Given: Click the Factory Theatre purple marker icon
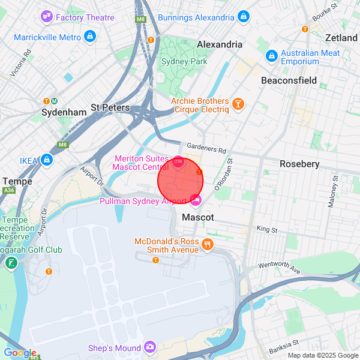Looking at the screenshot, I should pos(47,17).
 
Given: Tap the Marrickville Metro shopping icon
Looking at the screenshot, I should pos(89,37).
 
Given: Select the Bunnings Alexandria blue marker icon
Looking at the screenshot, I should pos(243,17).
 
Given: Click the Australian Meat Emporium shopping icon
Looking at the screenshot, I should pos(271,56).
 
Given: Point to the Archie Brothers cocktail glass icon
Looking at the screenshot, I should pos(239,105).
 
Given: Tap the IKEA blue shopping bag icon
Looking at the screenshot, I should pos(47,160).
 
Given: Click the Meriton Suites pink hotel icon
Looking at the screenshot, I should pos(178,161).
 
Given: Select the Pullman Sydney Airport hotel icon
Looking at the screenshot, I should pos(196,200).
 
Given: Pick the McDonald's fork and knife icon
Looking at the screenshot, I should pos(208,244).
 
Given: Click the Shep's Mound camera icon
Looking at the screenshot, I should pos(149,347).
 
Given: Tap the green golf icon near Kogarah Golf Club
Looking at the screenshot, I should pos(11,263).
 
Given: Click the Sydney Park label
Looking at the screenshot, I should pos(184,61).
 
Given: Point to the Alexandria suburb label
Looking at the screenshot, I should pos(220,44).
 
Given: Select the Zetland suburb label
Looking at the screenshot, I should pos(341,38).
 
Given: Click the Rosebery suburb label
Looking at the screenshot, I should pos(299,164).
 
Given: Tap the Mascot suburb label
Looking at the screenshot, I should pos(197,217).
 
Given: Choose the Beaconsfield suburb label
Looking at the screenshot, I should pos(289,80).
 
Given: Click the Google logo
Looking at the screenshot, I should pos(19,353).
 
